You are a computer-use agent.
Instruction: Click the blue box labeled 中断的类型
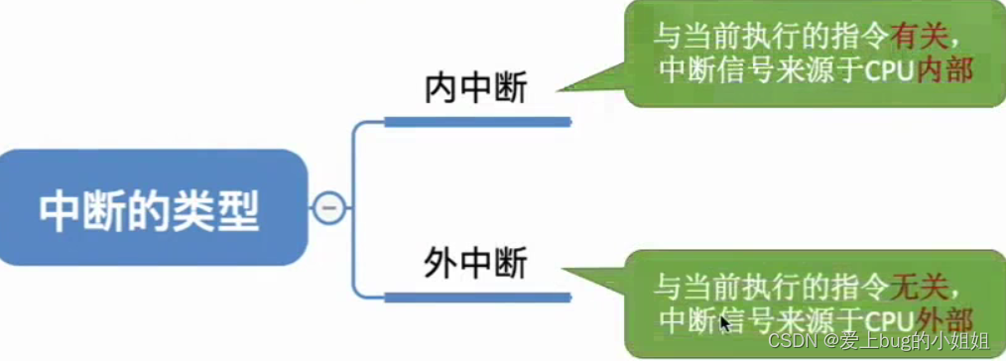[149, 207]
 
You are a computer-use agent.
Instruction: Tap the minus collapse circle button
[328, 207]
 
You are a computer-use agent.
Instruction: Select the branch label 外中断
[476, 265]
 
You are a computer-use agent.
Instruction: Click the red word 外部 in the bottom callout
[943, 319]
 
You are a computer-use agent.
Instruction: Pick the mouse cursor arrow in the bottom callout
[725, 323]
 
